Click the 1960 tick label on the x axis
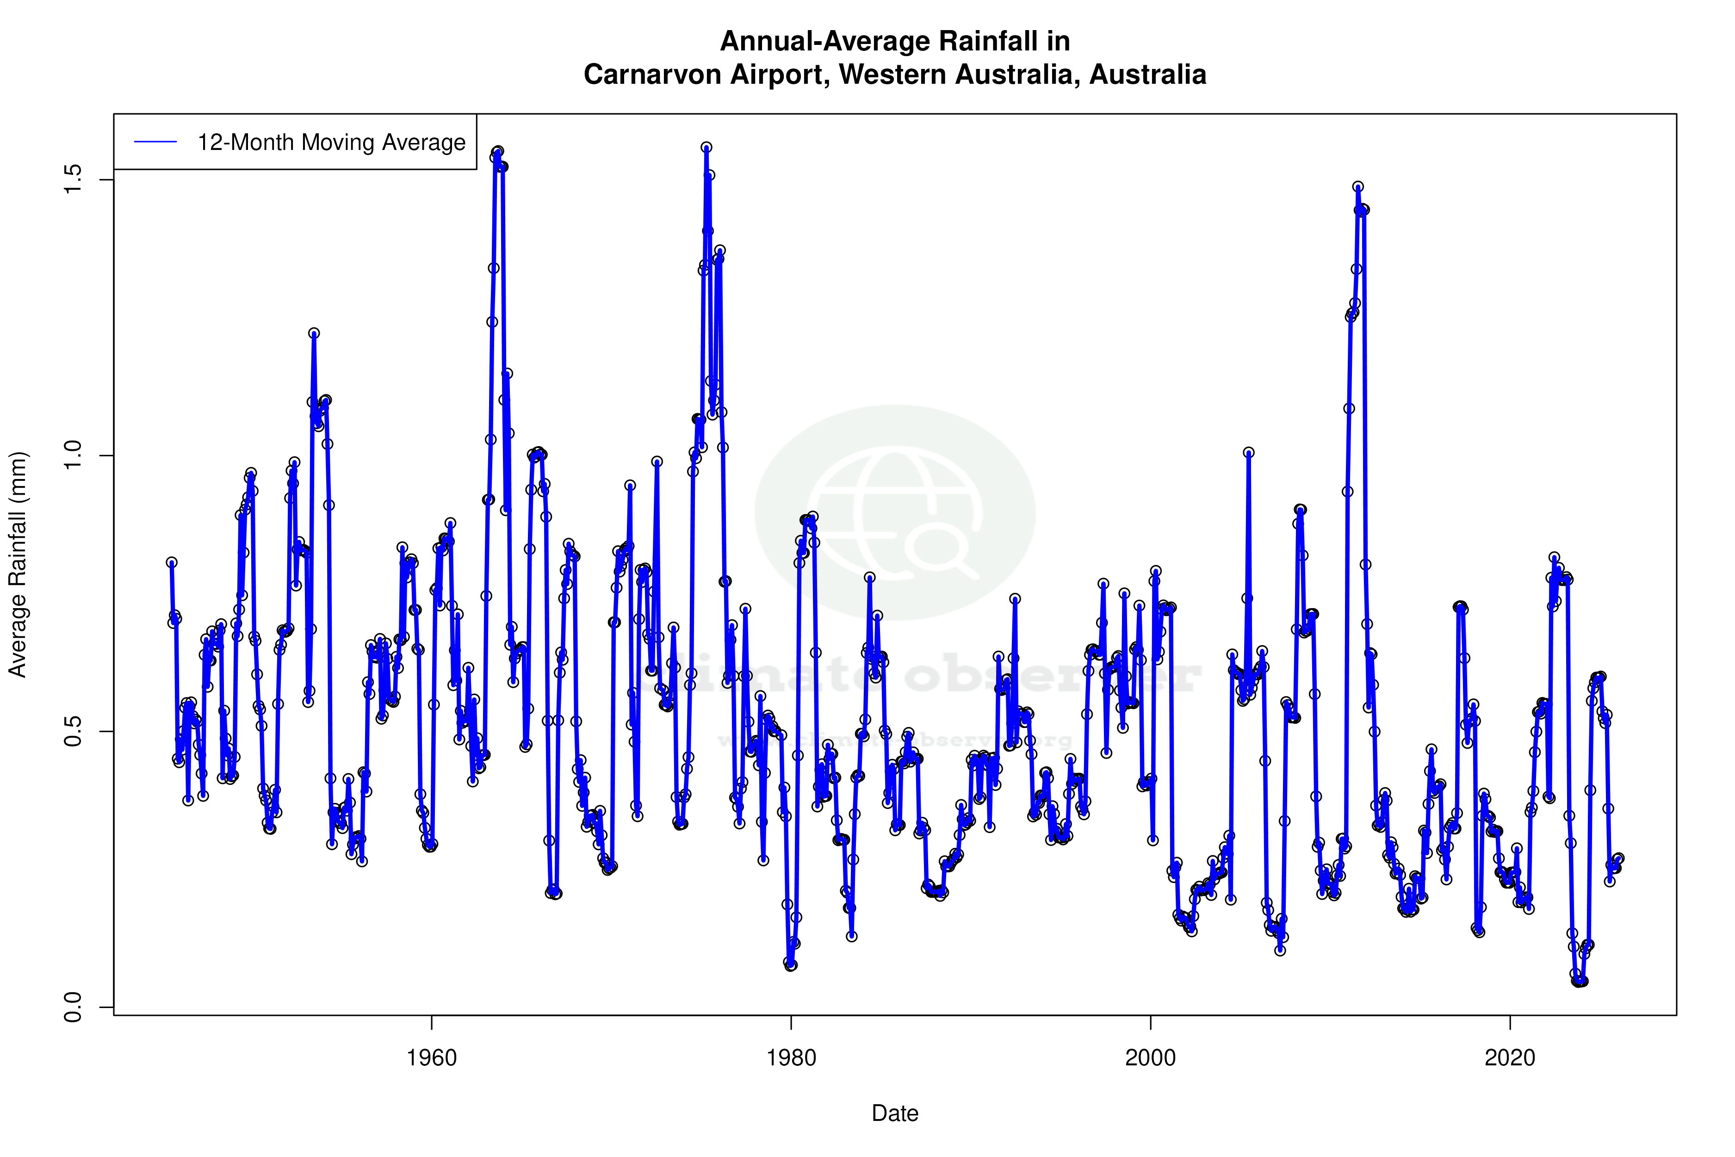(x=432, y=1058)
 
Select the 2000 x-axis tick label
(x=1150, y=1058)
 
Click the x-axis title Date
(x=895, y=1113)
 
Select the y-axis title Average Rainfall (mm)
(x=18, y=565)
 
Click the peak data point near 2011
(x=1358, y=187)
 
